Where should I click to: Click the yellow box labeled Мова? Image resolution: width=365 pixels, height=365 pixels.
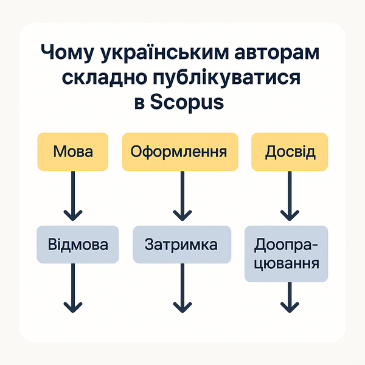pos(73,151)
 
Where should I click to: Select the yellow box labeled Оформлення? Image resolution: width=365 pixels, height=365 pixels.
pos(179,151)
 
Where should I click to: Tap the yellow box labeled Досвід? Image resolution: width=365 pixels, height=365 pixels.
pos(290,151)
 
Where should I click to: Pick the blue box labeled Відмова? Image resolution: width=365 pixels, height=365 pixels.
pos(77,245)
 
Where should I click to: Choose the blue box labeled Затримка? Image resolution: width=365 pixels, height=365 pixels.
pos(181,245)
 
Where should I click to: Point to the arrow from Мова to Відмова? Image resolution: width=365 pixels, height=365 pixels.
pos(73,195)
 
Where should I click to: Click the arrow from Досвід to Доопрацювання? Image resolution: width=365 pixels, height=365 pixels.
pos(290,195)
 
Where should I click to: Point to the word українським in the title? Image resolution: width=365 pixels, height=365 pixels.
pos(159,54)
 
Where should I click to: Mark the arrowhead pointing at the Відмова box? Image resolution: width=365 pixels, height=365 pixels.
pos(73,214)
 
